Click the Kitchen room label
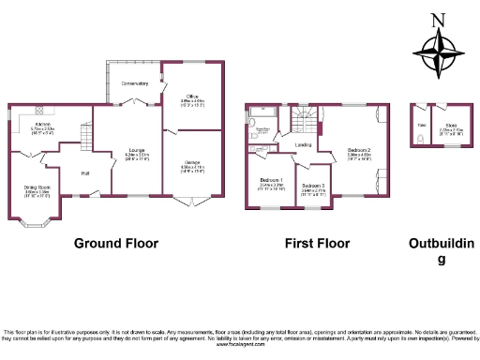42,125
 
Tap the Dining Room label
37,189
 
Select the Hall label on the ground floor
84,173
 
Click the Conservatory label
134,84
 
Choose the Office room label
191,97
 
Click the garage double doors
192,202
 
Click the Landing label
303,145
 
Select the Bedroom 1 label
272,181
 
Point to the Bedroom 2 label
359,151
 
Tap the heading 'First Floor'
317,243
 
